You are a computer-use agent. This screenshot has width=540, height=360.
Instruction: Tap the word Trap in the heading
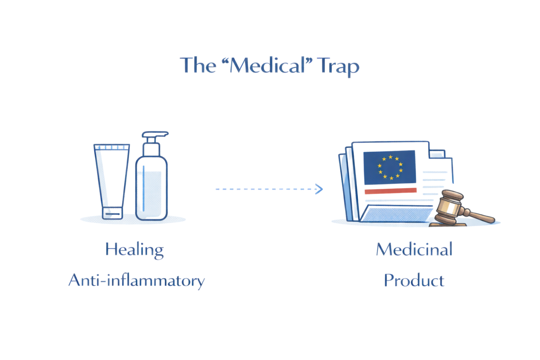[x=338, y=66]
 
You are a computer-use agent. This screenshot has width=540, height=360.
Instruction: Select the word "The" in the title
[x=198, y=65]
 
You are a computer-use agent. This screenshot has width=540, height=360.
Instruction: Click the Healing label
[x=135, y=250]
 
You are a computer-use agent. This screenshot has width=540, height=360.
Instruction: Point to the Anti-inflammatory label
[x=136, y=281]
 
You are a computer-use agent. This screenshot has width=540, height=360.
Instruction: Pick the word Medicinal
[x=414, y=250]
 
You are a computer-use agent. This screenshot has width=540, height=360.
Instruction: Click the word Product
[x=414, y=281]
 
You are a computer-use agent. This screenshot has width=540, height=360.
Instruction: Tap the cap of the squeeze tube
[x=112, y=213]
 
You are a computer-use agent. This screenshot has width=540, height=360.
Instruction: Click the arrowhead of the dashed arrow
[x=319, y=189]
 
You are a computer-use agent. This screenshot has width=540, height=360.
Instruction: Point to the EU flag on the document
[x=390, y=167]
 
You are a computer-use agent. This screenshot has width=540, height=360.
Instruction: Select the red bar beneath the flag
[x=390, y=191]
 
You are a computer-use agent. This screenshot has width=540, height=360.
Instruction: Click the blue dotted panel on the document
[x=397, y=214]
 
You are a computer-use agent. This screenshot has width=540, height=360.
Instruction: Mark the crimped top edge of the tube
[x=112, y=147]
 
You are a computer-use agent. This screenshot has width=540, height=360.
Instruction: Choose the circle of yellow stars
[x=390, y=167]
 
